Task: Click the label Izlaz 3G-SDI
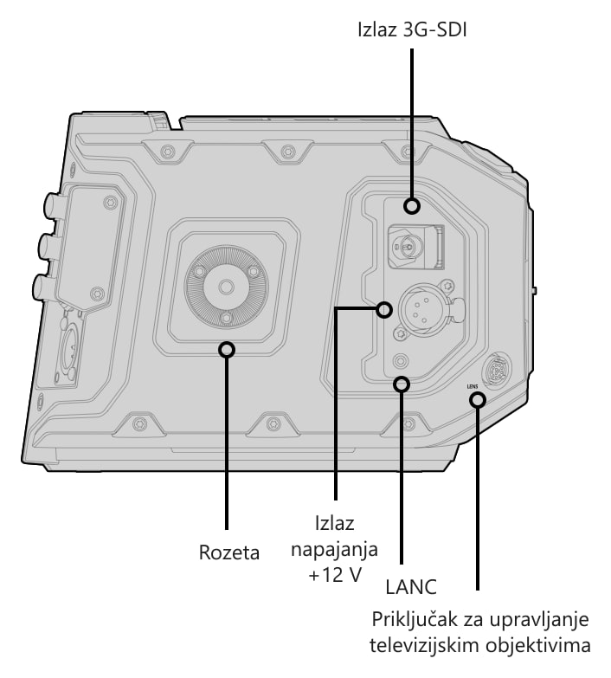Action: click(x=412, y=30)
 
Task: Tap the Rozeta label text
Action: click(x=229, y=552)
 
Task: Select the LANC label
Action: click(x=411, y=587)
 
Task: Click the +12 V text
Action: click(x=335, y=575)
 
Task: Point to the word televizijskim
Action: click(x=424, y=646)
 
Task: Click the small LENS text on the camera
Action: click(x=473, y=387)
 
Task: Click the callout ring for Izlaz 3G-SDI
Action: click(x=412, y=206)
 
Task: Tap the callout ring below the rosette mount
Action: click(x=227, y=349)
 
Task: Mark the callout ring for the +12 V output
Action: click(x=383, y=310)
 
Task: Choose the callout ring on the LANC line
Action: click(x=402, y=384)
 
